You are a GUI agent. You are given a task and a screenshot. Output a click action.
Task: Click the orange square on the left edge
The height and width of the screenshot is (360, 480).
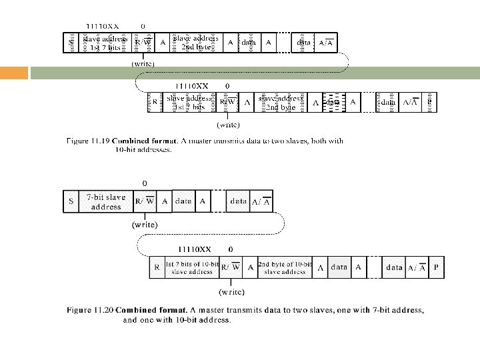click(x=14, y=73)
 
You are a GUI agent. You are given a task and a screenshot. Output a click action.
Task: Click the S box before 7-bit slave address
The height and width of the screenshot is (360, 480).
click(x=71, y=201)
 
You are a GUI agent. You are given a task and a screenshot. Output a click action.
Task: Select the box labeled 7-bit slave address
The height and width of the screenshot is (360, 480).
click(x=105, y=201)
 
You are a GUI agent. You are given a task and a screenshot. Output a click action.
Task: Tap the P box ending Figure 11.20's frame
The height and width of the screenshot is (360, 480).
click(x=436, y=267)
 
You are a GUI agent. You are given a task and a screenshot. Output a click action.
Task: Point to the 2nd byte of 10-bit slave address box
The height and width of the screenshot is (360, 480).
click(x=285, y=267)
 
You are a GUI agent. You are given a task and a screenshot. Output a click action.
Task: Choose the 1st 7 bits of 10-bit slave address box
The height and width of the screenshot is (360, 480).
click(x=192, y=267)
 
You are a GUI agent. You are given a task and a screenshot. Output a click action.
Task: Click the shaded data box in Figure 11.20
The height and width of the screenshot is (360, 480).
click(x=339, y=267)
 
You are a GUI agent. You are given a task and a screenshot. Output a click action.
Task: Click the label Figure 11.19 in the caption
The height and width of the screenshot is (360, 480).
click(x=88, y=141)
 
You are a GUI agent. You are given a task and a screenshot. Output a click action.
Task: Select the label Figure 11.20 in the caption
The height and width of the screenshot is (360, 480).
click(x=88, y=310)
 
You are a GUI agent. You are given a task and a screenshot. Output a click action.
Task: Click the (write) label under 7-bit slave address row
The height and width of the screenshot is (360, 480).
click(x=144, y=225)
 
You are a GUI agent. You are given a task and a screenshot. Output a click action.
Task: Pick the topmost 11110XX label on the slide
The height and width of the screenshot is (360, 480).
click(x=102, y=26)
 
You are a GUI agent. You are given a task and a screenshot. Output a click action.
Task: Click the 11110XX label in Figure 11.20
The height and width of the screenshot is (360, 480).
click(x=194, y=249)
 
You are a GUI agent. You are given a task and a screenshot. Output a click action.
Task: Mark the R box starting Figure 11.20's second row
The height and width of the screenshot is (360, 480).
click(x=157, y=267)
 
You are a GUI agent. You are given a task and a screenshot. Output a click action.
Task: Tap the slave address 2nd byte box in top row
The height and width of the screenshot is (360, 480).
click(x=195, y=43)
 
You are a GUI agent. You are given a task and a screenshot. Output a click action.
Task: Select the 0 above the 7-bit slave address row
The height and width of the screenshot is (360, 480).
click(x=144, y=183)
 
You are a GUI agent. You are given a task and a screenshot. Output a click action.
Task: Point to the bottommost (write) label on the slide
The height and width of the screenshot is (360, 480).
click(x=231, y=291)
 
